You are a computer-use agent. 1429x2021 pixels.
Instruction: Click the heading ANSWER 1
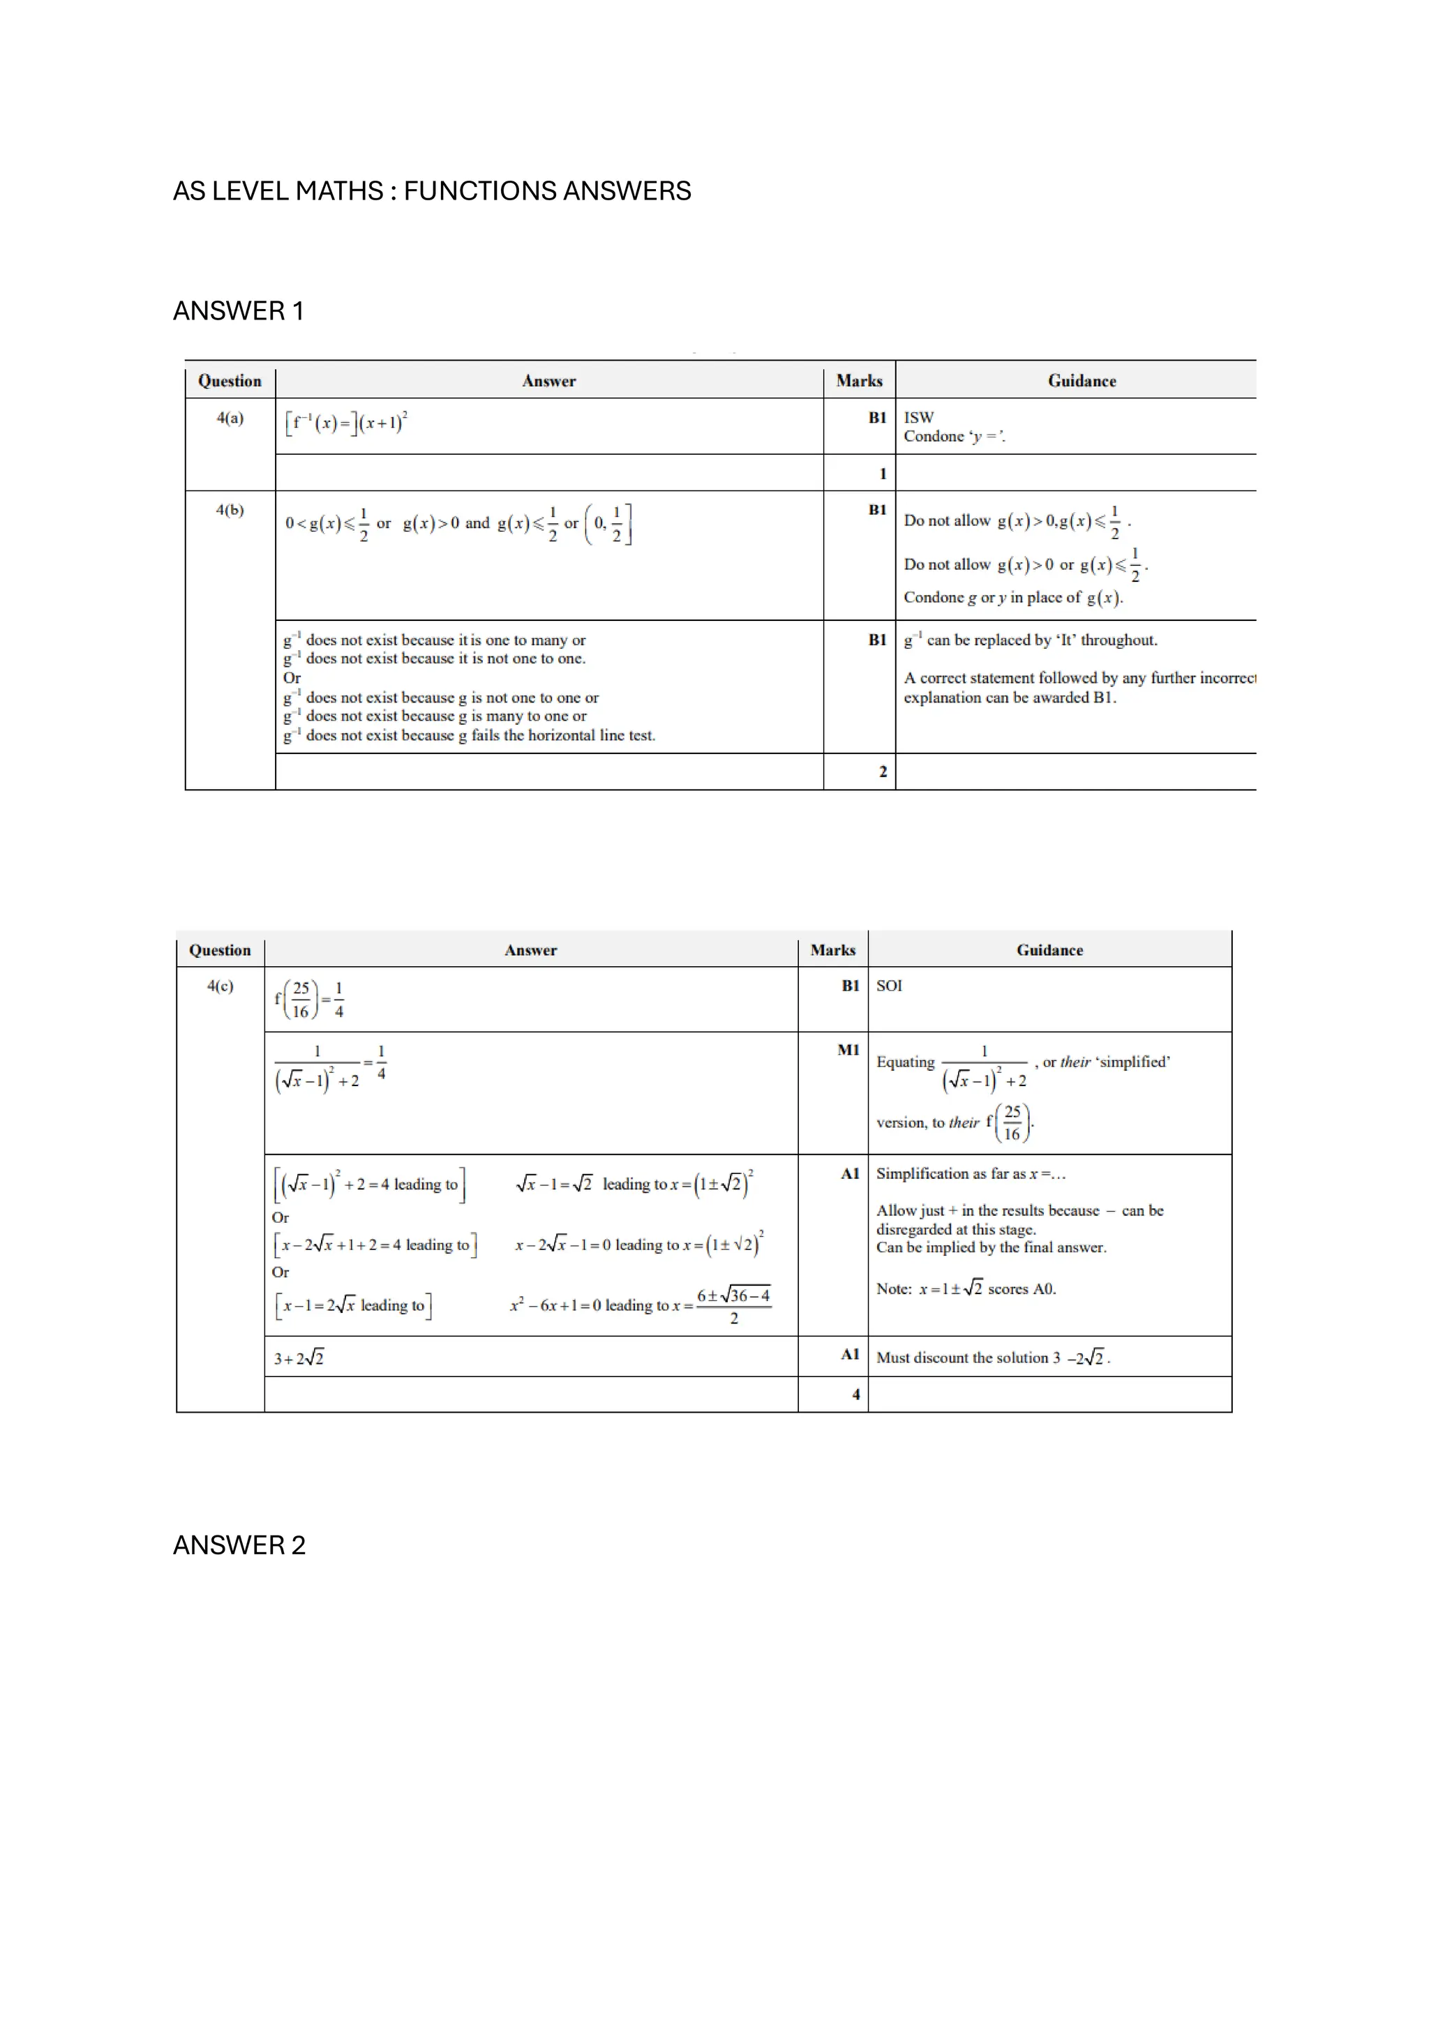(238, 312)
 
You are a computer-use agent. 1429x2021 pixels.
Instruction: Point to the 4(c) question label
(220, 986)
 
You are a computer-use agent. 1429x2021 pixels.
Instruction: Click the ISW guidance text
(918, 417)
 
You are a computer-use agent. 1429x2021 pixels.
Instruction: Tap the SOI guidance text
(888, 986)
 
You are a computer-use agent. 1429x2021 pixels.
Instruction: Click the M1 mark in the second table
(848, 1050)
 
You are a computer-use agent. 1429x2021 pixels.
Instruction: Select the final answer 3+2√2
(299, 1358)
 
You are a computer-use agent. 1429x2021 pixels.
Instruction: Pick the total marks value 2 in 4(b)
(882, 772)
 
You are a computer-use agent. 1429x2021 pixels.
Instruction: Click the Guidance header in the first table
(1082, 381)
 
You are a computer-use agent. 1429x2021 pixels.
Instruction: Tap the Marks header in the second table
(832, 951)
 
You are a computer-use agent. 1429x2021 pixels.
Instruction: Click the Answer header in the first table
(548, 381)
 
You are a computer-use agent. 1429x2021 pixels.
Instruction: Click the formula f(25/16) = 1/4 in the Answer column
(309, 1000)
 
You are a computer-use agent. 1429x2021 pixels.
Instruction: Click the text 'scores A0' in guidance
(1022, 1289)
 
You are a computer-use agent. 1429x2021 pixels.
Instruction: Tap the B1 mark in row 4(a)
(877, 418)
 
